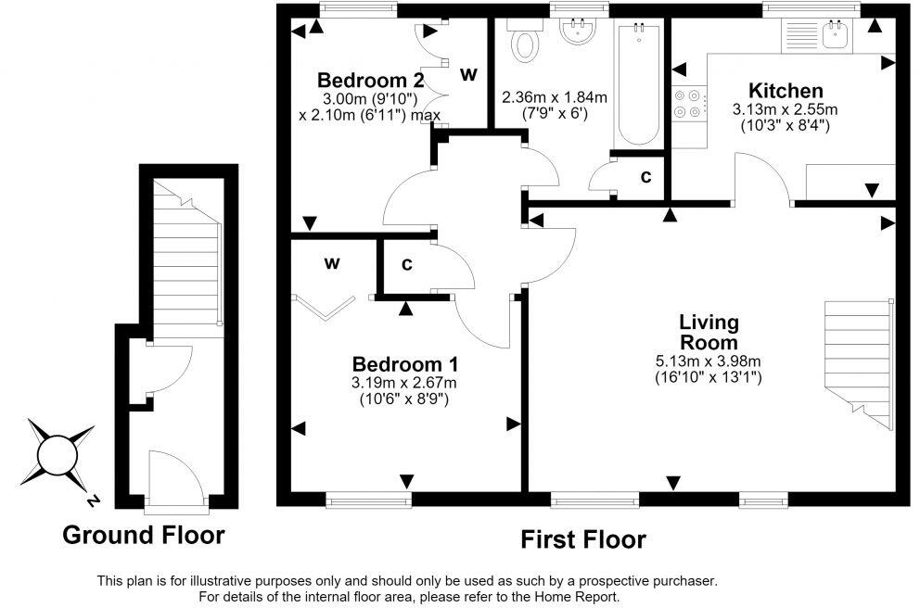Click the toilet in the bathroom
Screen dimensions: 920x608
[x=525, y=41]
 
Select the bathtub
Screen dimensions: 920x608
[x=638, y=83]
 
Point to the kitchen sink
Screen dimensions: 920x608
[x=837, y=35]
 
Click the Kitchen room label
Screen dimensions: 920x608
[x=786, y=91]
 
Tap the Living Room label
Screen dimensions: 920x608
[x=709, y=332]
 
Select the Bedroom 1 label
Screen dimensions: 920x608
[x=405, y=364]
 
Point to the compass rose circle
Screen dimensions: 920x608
[x=57, y=455]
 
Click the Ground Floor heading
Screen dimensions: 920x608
[x=143, y=536]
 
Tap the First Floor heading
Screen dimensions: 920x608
[x=583, y=539]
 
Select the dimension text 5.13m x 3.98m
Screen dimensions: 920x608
[x=709, y=361]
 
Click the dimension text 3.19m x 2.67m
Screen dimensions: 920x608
[x=404, y=384]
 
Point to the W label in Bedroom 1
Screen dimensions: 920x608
[x=332, y=264]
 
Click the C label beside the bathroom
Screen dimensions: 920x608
[x=646, y=176]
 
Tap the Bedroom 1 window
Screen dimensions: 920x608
[x=368, y=500]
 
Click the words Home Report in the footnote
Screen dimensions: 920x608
[x=575, y=598]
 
